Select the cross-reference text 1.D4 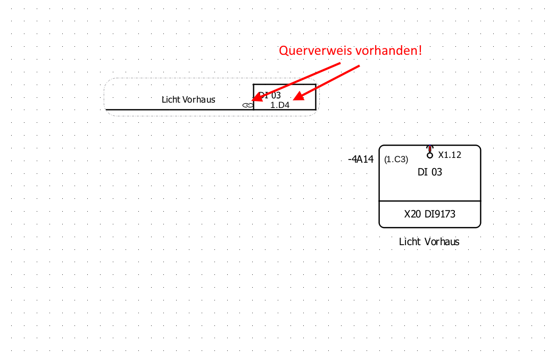click(x=280, y=105)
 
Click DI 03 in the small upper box click(x=270, y=95)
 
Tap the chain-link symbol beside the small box click(x=247, y=105)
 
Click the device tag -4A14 click(x=360, y=159)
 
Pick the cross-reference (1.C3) click(x=396, y=159)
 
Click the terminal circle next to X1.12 click(x=430, y=155)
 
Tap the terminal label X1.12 click(x=450, y=155)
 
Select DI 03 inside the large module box click(x=430, y=172)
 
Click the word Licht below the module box click(x=410, y=242)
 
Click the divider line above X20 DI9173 click(x=430, y=201)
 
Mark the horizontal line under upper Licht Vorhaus click(x=176, y=110)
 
